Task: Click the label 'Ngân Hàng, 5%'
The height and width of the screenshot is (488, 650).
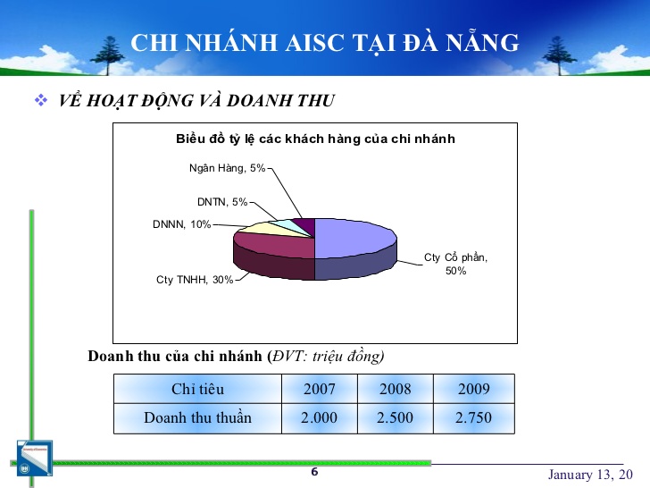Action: (227, 168)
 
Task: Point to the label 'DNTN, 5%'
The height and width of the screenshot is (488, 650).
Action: (222, 202)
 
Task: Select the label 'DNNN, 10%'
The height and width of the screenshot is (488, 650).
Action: (181, 224)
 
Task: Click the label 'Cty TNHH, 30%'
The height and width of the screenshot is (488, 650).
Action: (195, 280)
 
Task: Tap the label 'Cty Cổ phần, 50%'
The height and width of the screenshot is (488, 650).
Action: (455, 264)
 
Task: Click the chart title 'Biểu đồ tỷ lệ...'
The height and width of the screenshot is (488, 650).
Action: (315, 139)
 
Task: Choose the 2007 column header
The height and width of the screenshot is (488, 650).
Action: (320, 389)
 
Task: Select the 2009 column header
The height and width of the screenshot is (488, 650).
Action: (474, 389)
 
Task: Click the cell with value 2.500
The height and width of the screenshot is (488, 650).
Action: (395, 418)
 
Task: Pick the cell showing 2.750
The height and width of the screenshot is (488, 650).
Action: (474, 418)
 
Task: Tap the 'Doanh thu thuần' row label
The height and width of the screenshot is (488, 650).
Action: (197, 418)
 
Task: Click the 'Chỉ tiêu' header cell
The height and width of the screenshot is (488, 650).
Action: (197, 389)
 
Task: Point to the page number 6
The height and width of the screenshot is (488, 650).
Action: (314, 472)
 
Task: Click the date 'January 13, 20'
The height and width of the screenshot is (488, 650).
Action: (590, 475)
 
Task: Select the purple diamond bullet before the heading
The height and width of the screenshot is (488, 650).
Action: (41, 100)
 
